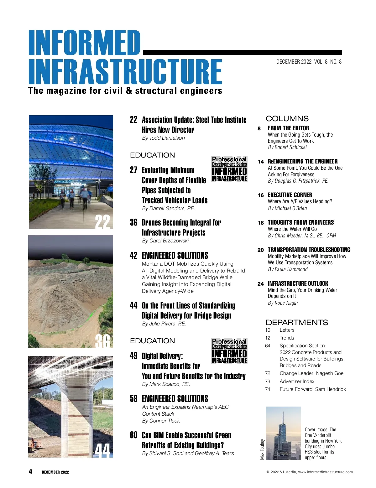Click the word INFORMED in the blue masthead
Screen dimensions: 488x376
84,43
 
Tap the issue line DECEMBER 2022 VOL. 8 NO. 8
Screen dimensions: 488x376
309,62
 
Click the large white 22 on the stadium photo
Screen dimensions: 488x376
102,222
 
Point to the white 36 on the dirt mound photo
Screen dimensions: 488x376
103,341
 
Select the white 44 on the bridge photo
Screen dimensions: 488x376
102,450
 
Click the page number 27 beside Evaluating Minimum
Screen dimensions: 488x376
133,170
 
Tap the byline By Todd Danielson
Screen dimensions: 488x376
163,138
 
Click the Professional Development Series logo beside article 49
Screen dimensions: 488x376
229,351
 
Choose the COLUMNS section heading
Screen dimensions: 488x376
287,119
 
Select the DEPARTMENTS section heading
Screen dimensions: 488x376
297,322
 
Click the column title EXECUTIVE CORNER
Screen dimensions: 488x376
290,195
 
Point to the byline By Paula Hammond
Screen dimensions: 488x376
288,269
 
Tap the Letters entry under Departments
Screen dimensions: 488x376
287,330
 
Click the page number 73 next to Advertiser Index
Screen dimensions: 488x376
268,381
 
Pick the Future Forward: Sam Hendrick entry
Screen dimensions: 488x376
313,389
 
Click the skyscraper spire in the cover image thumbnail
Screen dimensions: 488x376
283,418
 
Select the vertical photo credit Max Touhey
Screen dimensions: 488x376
262,449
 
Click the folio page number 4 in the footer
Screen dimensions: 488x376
30,471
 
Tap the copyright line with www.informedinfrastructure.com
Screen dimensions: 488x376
310,472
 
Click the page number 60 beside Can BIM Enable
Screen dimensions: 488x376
133,435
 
